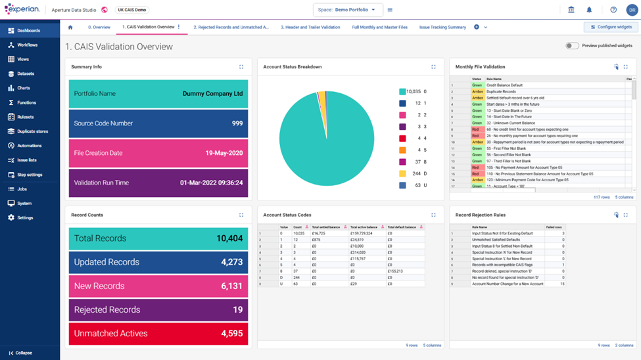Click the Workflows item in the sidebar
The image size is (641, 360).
[x=27, y=45]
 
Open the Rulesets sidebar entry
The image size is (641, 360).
[x=25, y=117]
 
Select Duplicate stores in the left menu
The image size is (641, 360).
[x=32, y=131]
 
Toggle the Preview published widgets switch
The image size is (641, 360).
[x=572, y=46]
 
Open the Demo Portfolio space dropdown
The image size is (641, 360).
[x=348, y=10]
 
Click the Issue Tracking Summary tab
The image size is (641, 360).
[x=442, y=28]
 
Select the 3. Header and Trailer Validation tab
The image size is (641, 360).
[x=310, y=28]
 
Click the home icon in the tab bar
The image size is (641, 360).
[x=70, y=28]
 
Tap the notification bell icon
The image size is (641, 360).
[x=589, y=10]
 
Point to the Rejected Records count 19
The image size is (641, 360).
[x=237, y=310]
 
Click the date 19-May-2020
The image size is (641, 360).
[x=224, y=153]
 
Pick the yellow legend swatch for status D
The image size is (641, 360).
[x=402, y=173]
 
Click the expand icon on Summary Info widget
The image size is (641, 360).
[x=241, y=67]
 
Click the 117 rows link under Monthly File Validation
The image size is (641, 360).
[x=602, y=197]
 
